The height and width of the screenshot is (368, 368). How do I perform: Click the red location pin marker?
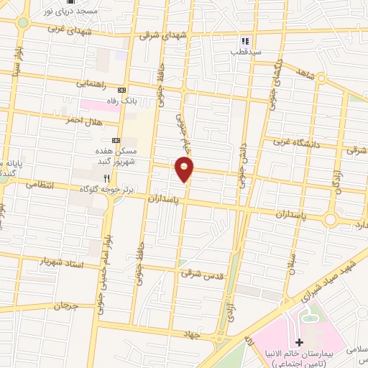(x=185, y=170)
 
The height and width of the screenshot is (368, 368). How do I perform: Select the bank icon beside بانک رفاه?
(x=121, y=90)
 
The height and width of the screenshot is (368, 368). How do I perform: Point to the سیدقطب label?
(x=244, y=51)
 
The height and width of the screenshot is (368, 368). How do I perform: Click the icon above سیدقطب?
(x=244, y=41)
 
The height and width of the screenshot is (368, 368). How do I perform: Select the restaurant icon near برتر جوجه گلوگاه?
(x=106, y=178)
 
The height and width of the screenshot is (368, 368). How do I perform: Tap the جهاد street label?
(x=209, y=335)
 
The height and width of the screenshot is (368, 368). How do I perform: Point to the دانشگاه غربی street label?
(x=302, y=142)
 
